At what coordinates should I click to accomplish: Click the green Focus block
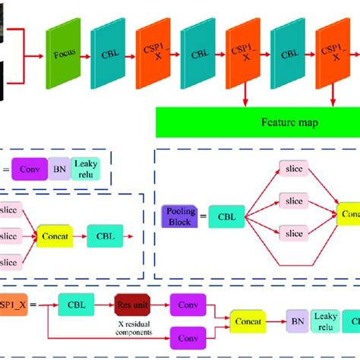[63, 55]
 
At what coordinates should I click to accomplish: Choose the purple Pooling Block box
[179, 216]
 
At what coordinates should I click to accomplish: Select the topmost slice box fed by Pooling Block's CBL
[292, 169]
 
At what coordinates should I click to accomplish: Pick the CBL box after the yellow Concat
[106, 235]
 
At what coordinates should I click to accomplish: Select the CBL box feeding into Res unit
[76, 305]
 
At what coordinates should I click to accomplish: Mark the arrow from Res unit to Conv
[162, 305]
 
